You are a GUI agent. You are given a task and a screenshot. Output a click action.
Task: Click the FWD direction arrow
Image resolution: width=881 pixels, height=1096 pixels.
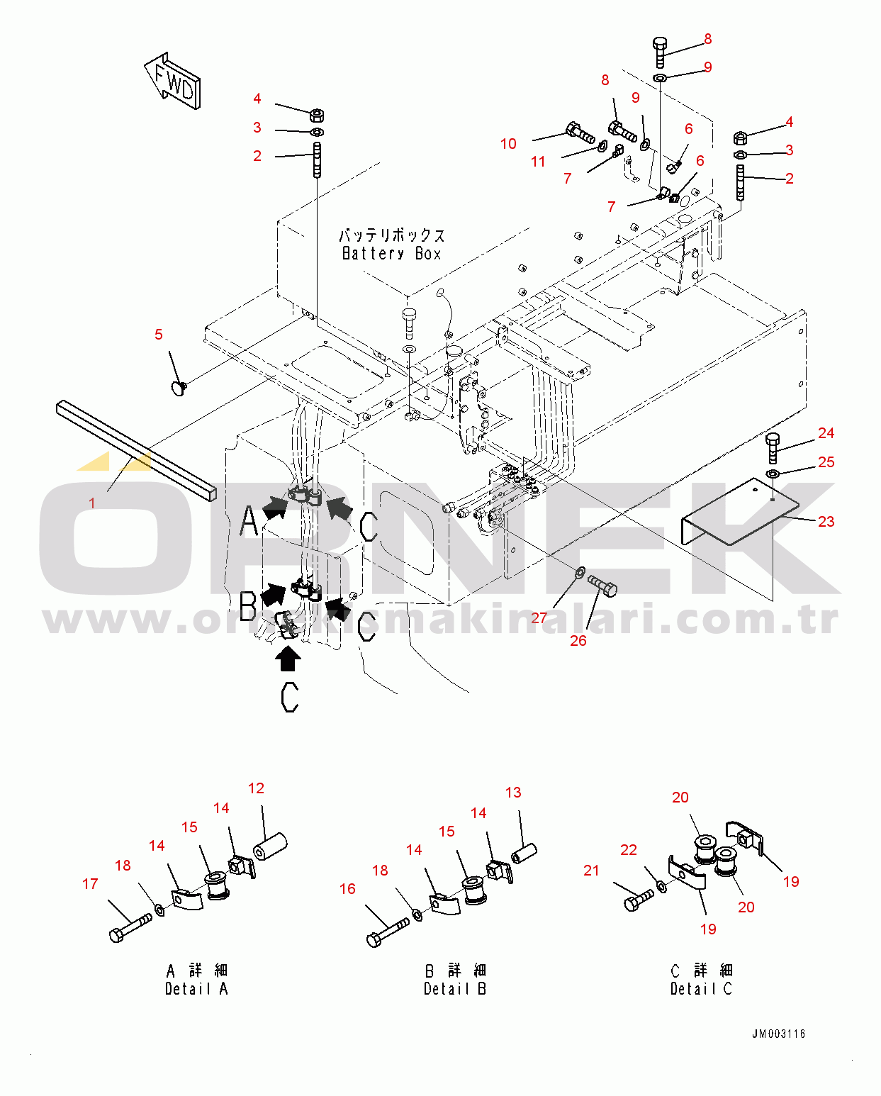[x=173, y=82]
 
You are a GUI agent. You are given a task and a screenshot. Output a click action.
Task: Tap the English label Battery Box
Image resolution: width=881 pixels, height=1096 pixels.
[x=392, y=253]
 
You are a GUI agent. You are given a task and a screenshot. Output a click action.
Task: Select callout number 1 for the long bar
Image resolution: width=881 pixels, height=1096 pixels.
[x=91, y=503]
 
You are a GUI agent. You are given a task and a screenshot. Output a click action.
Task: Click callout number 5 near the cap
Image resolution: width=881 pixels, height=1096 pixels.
[x=159, y=335]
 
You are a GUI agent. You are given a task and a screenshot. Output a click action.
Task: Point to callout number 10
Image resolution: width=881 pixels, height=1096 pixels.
[x=508, y=144]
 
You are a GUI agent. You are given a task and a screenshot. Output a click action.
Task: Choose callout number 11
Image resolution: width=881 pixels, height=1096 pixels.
[x=538, y=162]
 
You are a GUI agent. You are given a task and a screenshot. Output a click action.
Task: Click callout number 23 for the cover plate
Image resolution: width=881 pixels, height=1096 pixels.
[x=826, y=522]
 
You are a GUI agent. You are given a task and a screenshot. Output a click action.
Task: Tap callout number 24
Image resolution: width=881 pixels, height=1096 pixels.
[x=826, y=433]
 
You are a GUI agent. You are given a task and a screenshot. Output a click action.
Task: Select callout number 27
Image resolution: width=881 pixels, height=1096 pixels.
[x=539, y=618]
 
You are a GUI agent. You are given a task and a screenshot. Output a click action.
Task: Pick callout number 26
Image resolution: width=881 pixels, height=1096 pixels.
[x=578, y=641]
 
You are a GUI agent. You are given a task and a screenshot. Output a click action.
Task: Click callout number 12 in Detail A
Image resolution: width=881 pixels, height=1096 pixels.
[x=256, y=788]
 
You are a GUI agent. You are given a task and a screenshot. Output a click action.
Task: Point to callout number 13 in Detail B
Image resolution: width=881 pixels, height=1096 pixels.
[x=513, y=793]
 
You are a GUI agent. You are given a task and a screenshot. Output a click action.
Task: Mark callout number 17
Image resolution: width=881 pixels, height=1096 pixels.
[x=90, y=884]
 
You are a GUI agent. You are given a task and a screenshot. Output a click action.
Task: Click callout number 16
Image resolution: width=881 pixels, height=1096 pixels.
[x=348, y=889]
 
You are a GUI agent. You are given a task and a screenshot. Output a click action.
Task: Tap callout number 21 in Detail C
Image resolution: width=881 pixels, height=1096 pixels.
[x=591, y=871]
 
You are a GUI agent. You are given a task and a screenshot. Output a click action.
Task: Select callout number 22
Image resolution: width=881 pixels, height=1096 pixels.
[x=629, y=850]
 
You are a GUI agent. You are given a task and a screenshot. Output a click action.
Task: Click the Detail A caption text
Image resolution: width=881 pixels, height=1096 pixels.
[x=196, y=989]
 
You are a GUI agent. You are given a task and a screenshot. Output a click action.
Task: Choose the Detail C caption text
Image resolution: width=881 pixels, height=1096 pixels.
[x=701, y=989]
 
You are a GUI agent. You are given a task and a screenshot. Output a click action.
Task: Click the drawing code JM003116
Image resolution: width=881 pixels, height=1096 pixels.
[x=779, y=1034]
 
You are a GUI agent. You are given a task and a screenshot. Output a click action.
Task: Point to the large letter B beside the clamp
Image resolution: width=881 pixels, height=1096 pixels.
[x=248, y=606]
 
